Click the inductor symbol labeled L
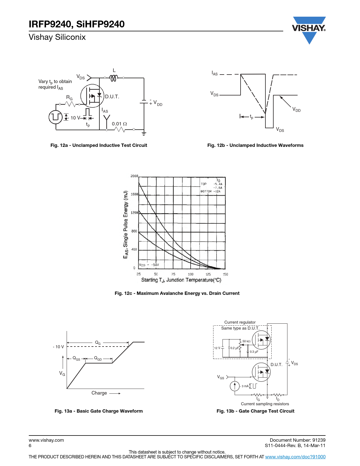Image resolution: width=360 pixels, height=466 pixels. [114, 78]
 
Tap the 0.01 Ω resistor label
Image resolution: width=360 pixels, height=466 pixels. [119, 124]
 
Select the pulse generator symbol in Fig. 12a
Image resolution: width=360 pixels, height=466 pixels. [56, 117]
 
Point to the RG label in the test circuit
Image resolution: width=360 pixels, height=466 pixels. [69, 97]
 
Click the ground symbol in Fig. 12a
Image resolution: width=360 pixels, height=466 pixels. [144, 134]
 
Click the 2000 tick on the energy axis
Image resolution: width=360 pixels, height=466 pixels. [134, 176]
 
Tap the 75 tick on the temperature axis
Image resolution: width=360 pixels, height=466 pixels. [173, 274]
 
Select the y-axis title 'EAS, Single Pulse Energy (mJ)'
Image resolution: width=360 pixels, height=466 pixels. [126, 225]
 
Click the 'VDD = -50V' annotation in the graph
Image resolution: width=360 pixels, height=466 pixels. [149, 265]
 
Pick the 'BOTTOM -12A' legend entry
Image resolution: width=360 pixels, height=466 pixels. [210, 191]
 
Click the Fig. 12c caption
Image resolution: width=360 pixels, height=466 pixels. [177, 293]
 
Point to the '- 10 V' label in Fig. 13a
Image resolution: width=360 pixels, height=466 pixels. [58, 347]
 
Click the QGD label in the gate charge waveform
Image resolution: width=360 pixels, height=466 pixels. [98, 358]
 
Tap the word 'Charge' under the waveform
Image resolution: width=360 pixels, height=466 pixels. [99, 393]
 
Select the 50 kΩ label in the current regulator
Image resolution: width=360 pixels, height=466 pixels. [246, 341]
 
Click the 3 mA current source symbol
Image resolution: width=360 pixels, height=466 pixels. [235, 386]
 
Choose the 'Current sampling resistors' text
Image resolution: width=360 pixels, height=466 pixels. [265, 404]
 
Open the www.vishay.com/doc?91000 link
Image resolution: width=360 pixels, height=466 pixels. [295, 457]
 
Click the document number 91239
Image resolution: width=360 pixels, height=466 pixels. [319, 440]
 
